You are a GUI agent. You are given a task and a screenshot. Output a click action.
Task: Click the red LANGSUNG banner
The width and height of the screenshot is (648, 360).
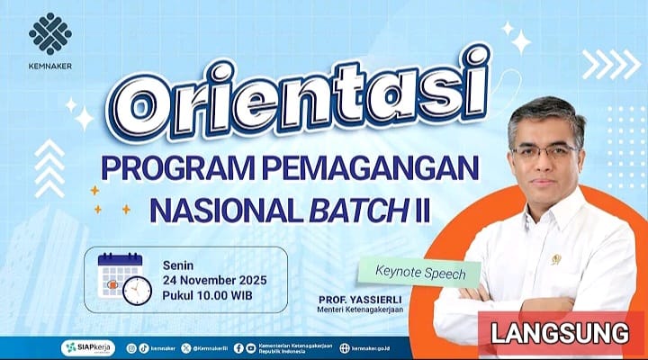(560, 331)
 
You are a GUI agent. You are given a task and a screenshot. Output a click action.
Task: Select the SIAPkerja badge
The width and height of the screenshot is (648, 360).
(87, 347)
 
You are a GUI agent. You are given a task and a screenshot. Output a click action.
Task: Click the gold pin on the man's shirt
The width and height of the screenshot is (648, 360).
(555, 259)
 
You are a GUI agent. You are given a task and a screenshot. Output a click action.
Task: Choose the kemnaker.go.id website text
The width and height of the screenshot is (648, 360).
(376, 347)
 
